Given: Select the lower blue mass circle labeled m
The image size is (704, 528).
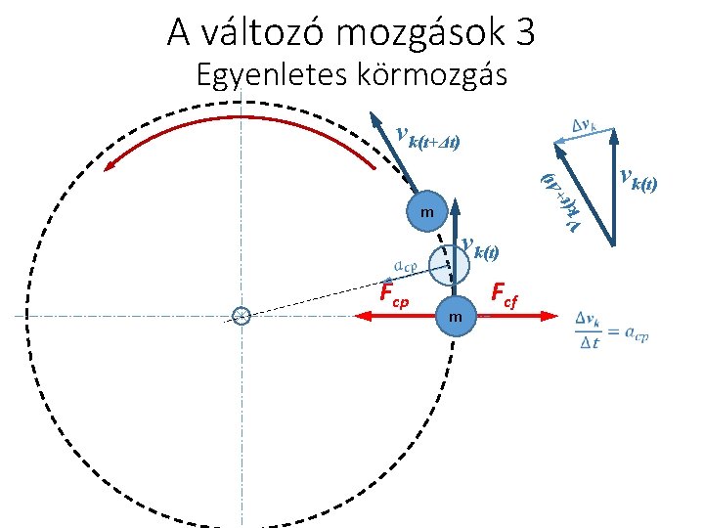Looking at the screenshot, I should click(x=456, y=316).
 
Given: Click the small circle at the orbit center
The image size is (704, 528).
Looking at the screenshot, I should click(x=242, y=315).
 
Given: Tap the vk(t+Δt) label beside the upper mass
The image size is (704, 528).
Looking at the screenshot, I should click(x=427, y=139).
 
